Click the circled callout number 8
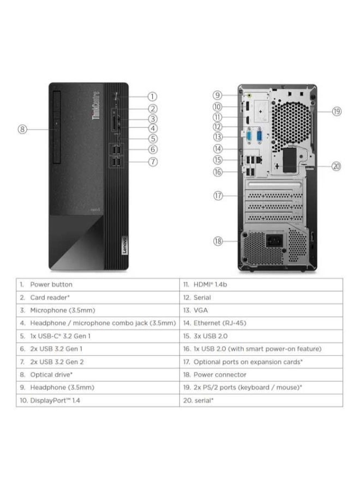[x=22, y=129]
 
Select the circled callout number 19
[x=337, y=111]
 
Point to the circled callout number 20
[x=337, y=166]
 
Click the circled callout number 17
[x=218, y=196]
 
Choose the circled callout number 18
[x=218, y=241]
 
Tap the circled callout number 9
[x=217, y=95]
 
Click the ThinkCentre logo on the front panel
[x=96, y=105]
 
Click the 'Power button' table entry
[x=51, y=285]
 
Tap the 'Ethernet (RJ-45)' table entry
[x=220, y=323]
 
